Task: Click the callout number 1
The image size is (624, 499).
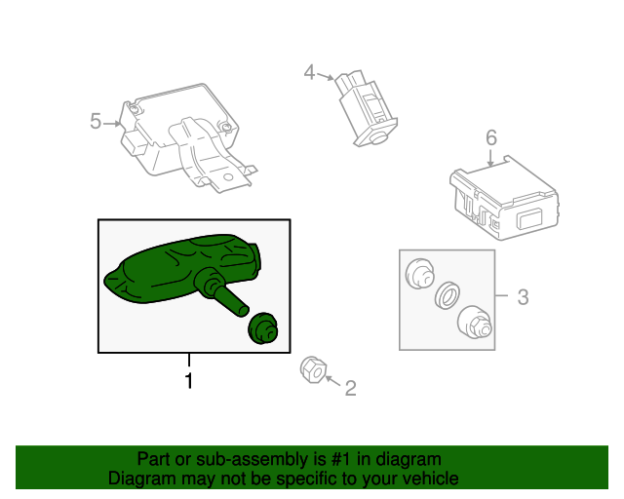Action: click(x=189, y=381)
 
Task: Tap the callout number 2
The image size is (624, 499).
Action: click(x=350, y=388)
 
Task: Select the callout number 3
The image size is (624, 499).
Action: click(x=523, y=297)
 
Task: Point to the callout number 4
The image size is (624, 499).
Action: click(x=309, y=72)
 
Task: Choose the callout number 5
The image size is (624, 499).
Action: click(x=96, y=121)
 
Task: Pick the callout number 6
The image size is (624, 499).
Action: click(x=491, y=137)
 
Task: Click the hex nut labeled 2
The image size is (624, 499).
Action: click(x=313, y=369)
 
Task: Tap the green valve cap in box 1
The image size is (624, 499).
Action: click(x=262, y=327)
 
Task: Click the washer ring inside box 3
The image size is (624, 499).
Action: click(x=447, y=295)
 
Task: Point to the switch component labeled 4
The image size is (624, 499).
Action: click(x=367, y=108)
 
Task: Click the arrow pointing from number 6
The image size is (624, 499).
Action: click(x=490, y=158)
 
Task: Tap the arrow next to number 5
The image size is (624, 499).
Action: click(x=112, y=124)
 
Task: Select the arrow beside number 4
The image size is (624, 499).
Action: click(x=325, y=76)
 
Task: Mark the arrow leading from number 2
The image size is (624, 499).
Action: click(x=333, y=380)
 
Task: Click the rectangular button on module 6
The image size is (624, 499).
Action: click(x=529, y=219)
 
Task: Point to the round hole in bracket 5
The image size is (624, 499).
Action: click(x=227, y=177)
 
